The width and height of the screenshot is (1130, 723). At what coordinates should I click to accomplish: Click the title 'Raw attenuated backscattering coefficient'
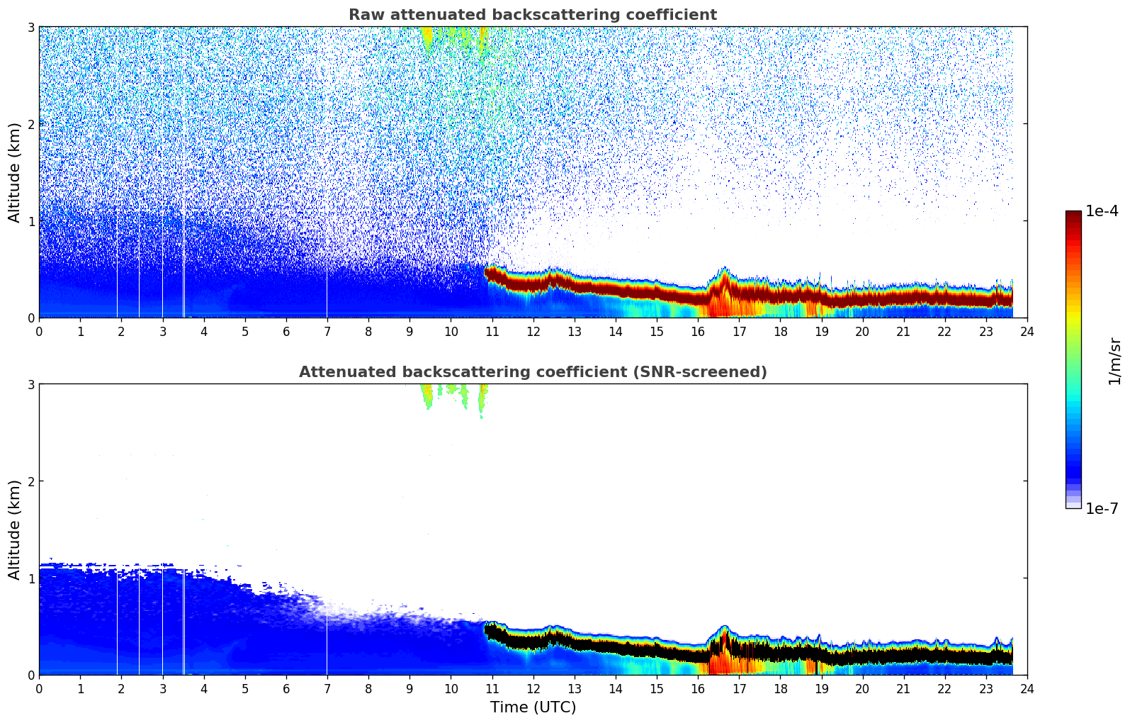point(532,15)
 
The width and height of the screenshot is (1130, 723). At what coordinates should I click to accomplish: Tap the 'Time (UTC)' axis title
point(533,707)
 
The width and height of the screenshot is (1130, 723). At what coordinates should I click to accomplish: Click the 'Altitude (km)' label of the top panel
point(15,172)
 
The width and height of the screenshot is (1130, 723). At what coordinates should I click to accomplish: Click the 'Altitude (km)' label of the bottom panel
point(15,529)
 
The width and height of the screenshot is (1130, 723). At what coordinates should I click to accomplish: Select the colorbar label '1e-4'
point(1102,211)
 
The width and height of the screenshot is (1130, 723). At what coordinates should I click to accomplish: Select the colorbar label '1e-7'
point(1102,508)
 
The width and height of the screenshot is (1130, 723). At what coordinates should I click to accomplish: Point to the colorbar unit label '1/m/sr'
point(1114,361)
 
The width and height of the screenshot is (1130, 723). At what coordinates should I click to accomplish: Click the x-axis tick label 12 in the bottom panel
point(533,689)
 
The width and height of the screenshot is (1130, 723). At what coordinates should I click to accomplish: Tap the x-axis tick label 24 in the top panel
point(1027,332)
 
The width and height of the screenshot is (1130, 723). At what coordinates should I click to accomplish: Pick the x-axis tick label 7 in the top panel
point(327,332)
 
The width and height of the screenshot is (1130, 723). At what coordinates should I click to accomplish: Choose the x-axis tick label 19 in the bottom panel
point(821,689)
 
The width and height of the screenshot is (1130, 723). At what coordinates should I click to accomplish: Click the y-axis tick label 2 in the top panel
point(30,124)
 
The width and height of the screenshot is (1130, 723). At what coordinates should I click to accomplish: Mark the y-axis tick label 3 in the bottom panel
point(30,385)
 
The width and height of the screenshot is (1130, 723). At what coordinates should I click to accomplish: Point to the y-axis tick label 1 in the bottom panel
point(30,578)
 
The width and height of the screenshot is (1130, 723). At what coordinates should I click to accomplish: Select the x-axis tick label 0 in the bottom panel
point(39,689)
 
